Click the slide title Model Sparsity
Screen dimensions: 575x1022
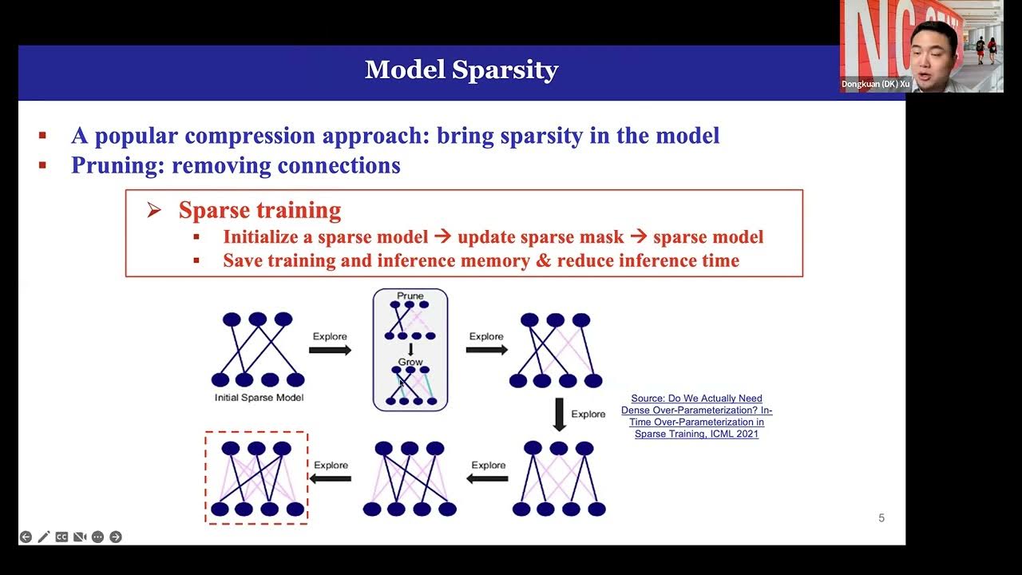click(461, 70)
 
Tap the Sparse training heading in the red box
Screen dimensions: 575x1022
click(259, 210)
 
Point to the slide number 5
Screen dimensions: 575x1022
click(881, 518)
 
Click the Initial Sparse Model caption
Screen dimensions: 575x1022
click(259, 397)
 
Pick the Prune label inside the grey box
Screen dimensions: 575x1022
click(410, 296)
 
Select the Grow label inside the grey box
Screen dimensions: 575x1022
click(410, 362)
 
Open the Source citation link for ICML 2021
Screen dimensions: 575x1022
click(696, 416)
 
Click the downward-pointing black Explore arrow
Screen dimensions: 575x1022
click(559, 414)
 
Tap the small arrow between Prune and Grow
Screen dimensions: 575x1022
click(410, 350)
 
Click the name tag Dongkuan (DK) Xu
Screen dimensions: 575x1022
click(875, 84)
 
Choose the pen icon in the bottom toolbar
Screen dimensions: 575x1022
click(44, 537)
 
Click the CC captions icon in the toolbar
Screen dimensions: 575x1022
click(61, 537)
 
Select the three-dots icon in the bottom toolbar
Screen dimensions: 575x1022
click(97, 537)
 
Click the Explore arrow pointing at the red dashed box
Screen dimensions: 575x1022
click(331, 478)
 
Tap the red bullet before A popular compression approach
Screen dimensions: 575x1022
click(42, 136)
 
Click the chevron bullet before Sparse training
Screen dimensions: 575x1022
click(154, 211)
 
